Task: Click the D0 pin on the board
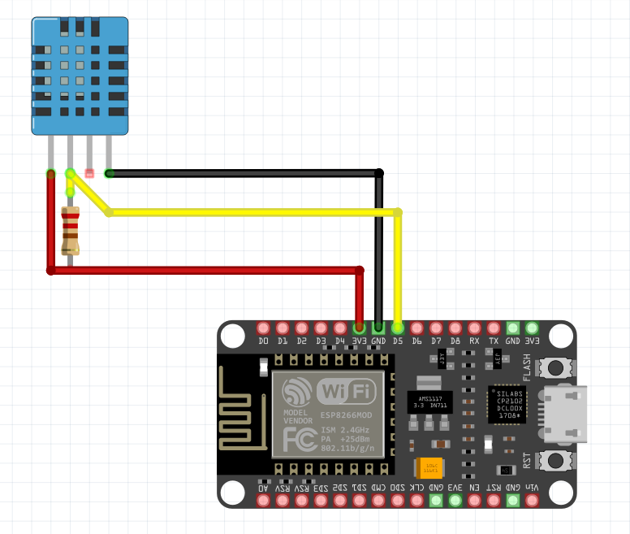[263, 328]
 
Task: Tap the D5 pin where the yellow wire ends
[398, 328]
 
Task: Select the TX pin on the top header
[494, 328]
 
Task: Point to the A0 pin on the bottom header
[263, 501]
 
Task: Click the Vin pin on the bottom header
[533, 501]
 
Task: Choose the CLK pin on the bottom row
[417, 501]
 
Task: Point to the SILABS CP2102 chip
[508, 403]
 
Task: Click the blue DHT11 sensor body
[80, 76]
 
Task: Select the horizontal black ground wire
[244, 173]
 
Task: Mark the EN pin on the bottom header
[475, 501]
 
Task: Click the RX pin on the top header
[475, 328]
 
